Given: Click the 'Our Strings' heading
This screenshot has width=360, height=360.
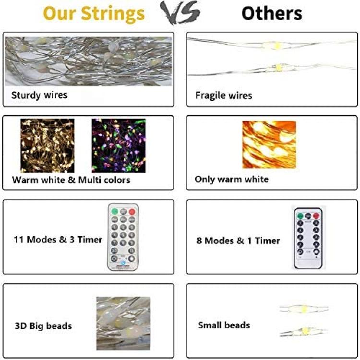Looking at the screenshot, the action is click(94, 14).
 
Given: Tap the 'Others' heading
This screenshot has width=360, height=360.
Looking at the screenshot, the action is click(272, 13).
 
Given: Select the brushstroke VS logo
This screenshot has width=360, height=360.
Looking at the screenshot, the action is click(180, 12).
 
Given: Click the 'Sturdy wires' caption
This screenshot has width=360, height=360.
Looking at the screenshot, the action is click(39, 95).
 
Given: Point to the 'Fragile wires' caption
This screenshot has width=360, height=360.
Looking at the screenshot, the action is click(224, 96).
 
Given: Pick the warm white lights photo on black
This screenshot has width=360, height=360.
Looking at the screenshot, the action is click(48, 145).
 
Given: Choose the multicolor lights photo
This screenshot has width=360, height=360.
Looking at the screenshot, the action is click(119, 145).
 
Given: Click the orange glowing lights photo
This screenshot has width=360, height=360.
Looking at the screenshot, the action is click(269, 144).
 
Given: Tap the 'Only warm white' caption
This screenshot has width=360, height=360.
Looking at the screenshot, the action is click(232, 180).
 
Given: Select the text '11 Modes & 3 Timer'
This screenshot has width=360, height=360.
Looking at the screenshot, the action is click(58, 240).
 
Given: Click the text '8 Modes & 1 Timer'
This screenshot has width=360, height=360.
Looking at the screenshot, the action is click(238, 240).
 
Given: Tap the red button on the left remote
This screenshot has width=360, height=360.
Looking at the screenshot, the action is click(132, 212).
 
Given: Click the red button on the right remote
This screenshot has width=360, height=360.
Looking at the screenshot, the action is click(316, 216).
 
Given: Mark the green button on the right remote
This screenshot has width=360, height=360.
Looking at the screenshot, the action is click(300, 216).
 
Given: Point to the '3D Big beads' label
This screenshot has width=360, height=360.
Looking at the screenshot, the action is click(43, 326).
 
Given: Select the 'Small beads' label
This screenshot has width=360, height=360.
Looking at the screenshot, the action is click(224, 325).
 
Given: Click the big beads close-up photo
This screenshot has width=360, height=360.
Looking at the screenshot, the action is click(123, 323).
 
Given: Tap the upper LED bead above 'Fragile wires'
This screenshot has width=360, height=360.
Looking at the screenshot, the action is click(277, 46).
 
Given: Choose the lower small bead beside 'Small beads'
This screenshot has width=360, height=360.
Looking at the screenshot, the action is click(305, 331).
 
